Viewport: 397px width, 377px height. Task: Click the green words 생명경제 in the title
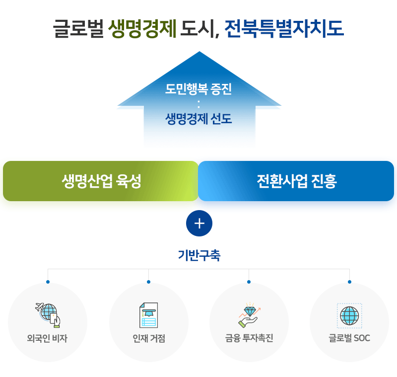142,29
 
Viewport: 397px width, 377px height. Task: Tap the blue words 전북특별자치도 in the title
284,29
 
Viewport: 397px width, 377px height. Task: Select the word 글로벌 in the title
78,29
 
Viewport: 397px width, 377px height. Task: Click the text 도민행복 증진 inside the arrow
198,89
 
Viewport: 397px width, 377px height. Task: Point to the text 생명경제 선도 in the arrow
198,119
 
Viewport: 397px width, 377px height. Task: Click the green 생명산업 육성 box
101,181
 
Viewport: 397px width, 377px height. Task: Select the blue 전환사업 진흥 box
296,181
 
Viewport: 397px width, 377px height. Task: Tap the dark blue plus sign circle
199,223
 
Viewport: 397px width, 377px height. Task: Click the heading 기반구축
199,255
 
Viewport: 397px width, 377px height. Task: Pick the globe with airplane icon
48,315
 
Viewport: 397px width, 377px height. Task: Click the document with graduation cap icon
148,315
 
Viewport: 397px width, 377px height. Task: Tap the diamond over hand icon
250,315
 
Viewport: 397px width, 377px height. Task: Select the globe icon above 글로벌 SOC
349,316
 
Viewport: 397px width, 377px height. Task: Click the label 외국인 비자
47,338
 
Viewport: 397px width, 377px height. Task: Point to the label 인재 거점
149,338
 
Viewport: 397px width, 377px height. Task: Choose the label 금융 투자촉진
249,338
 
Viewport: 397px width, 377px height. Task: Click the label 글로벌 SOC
349,338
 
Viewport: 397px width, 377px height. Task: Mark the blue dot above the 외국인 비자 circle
48,282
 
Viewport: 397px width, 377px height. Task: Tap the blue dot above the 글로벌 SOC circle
350,282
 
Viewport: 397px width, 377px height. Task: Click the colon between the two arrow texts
198,104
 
